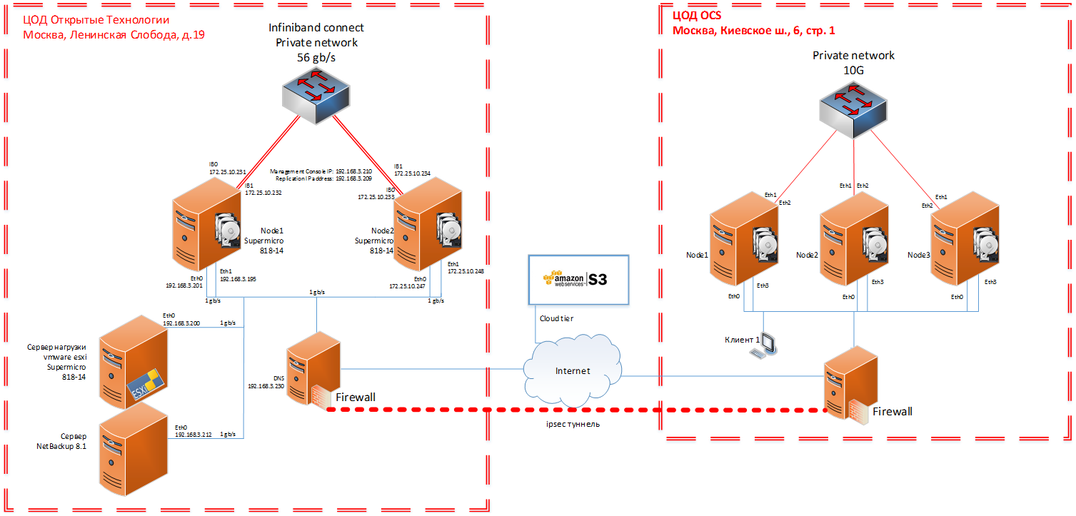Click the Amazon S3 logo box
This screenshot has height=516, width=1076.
pyautogui.click(x=577, y=279)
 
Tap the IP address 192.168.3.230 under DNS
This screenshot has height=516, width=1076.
pyautogui.click(x=266, y=385)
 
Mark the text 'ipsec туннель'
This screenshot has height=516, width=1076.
pyautogui.click(x=571, y=425)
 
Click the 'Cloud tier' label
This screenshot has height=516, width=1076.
pyautogui.click(x=556, y=319)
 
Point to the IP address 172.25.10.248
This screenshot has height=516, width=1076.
pyautogui.click(x=466, y=271)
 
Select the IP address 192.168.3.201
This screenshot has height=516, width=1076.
pyautogui.click(x=184, y=285)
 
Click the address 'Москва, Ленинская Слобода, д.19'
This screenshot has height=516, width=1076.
pyautogui.click(x=114, y=34)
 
